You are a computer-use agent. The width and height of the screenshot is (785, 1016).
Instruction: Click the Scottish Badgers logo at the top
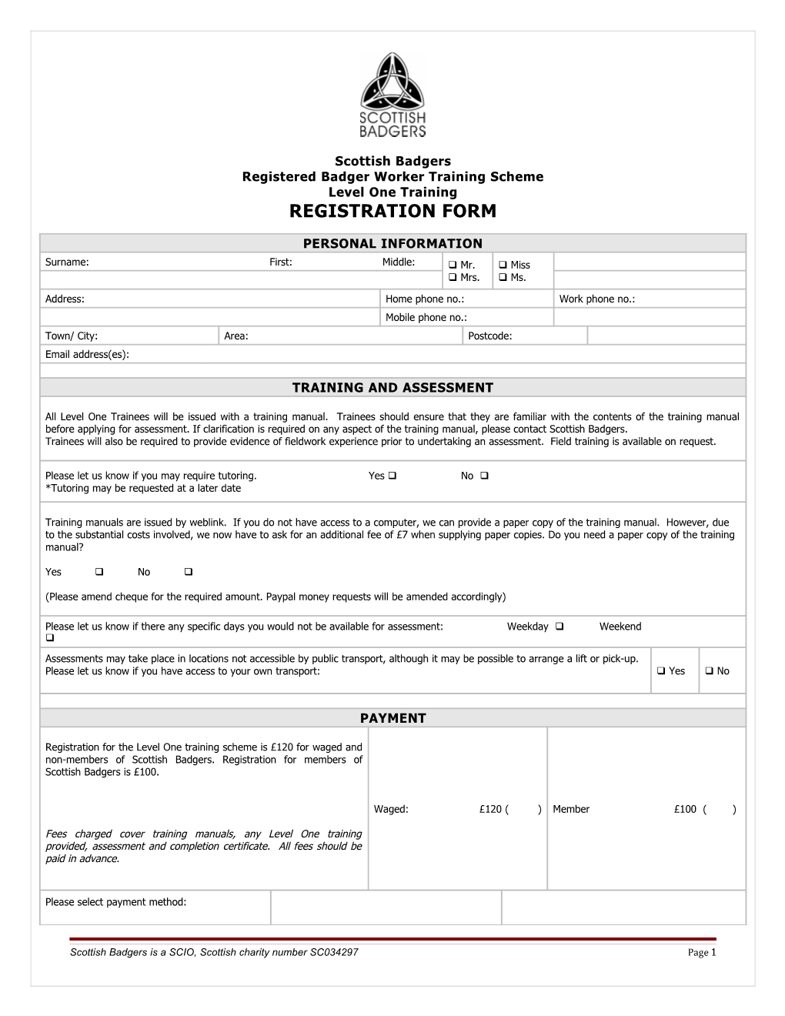pyautogui.click(x=392, y=95)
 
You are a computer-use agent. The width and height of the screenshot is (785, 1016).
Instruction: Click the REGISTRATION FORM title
pyautogui.click(x=392, y=211)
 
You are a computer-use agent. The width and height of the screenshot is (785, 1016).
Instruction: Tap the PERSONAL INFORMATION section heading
pyautogui.click(x=392, y=243)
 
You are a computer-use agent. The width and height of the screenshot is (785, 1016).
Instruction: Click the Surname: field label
pyautogui.click(x=67, y=262)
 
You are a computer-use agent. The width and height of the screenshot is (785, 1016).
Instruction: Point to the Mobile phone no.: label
pyautogui.click(x=426, y=317)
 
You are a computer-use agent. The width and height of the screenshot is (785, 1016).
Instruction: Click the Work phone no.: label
pyautogui.click(x=596, y=299)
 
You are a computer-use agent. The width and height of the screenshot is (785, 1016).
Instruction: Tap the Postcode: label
pyautogui.click(x=489, y=336)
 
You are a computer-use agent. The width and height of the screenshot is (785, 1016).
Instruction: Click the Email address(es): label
pyautogui.click(x=87, y=354)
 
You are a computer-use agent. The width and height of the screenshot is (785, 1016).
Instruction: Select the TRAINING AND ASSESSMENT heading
pyautogui.click(x=392, y=387)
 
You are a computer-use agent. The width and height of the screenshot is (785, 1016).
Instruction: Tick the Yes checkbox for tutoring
pyautogui.click(x=392, y=476)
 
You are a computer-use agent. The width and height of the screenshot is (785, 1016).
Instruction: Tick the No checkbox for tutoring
pyautogui.click(x=484, y=476)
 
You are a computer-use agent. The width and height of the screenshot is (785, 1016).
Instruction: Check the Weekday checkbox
pyautogui.click(x=560, y=627)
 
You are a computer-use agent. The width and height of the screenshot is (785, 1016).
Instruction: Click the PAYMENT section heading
pyautogui.click(x=392, y=718)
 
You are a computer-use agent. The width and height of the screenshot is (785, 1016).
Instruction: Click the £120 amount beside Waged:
pyautogui.click(x=490, y=809)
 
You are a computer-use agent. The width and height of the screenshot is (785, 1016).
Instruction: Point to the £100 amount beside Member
pyautogui.click(x=685, y=809)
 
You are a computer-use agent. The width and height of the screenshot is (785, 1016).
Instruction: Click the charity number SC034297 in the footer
pyautogui.click(x=333, y=952)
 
